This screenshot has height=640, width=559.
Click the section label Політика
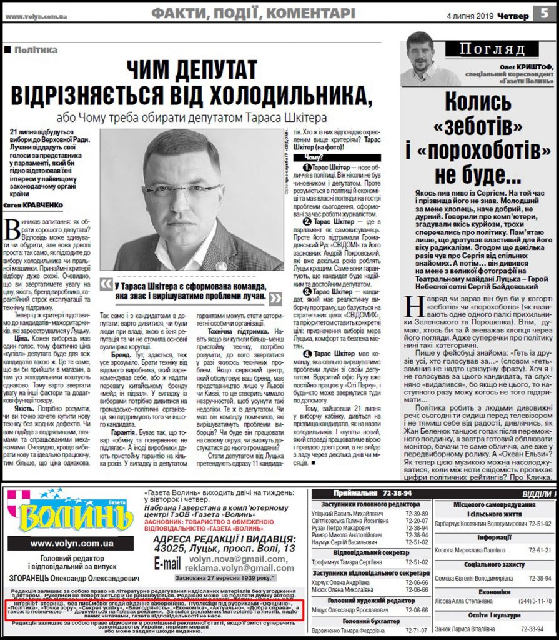(x=36, y=49)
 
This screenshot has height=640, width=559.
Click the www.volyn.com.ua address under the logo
(x=71, y=544)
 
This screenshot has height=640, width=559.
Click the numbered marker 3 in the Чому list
(x=307, y=292)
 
